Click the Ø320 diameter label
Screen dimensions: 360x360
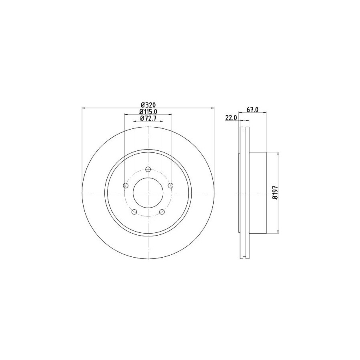[x=148, y=105]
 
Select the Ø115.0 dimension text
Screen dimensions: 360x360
[x=148, y=112]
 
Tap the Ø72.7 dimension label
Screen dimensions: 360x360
[x=148, y=118]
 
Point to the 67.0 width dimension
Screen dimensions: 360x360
[x=252, y=110]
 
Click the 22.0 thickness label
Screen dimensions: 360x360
[x=231, y=118]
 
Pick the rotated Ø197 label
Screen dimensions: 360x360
[x=275, y=193]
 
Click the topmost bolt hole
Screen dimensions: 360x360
[x=148, y=169]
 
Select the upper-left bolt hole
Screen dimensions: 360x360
[x=126, y=186]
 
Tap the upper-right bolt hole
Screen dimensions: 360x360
[x=170, y=185]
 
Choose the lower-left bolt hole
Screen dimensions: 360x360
[x=134, y=212]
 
